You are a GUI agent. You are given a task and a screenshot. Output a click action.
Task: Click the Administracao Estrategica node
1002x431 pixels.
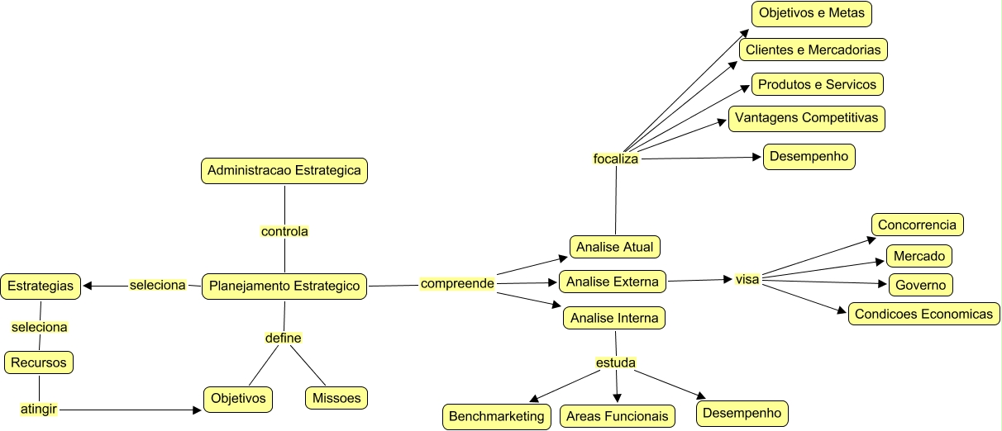coord(284,171)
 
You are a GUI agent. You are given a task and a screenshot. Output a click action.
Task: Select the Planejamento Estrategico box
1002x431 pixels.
coord(284,287)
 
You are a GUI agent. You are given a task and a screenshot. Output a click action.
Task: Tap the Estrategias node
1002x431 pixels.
coord(40,287)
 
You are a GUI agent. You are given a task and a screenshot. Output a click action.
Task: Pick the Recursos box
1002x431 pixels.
coord(39,362)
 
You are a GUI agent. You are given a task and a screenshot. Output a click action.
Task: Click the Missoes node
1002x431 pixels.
coord(336,398)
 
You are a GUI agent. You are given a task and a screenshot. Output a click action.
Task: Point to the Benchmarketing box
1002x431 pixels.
coord(497,416)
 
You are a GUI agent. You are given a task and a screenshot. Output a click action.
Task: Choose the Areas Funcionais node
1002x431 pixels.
coord(618,416)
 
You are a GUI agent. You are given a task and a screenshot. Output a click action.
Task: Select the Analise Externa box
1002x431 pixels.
coord(613,282)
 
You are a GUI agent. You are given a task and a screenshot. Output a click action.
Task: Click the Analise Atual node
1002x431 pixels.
coord(615,247)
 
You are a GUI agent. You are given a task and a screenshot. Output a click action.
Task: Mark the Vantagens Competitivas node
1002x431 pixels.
coord(806,118)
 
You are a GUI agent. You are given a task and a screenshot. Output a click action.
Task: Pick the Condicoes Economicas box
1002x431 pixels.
coord(923,314)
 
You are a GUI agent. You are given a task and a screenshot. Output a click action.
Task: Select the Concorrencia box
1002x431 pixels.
coord(917,225)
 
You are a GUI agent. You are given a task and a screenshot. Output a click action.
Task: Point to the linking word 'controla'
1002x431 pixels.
coord(284,231)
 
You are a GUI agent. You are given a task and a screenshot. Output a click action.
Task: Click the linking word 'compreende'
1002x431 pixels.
coord(457,284)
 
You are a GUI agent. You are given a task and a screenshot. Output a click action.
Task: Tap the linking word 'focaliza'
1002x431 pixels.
coord(616,159)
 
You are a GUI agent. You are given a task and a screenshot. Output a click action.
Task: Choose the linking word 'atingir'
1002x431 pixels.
coord(39,408)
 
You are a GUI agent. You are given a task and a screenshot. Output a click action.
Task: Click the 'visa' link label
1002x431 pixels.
coord(747,279)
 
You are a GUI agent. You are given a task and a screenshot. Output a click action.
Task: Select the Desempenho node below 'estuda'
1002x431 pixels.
coord(742,411)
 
